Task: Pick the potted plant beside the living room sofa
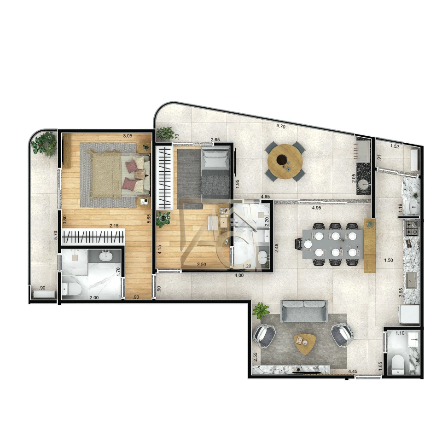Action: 261,310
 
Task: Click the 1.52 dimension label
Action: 395,146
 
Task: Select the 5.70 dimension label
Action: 56,235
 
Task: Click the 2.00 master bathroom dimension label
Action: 93,298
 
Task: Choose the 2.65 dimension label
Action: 215,140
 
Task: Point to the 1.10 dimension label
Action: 400,333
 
